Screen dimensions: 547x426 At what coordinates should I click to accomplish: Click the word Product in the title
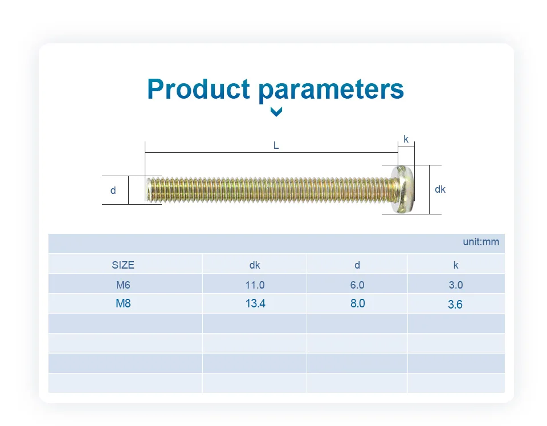[198, 89]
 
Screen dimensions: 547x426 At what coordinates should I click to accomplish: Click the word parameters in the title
[331, 90]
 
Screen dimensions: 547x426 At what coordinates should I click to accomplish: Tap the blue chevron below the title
[276, 112]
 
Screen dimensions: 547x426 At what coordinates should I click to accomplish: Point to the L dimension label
[276, 145]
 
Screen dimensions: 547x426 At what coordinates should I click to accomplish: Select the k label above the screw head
[406, 139]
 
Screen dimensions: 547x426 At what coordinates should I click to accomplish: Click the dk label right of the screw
[440, 189]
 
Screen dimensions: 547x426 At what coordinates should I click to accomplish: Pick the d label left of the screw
[113, 190]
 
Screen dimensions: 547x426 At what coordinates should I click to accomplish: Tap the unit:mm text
[481, 242]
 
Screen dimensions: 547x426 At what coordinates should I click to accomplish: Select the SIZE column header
[123, 265]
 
